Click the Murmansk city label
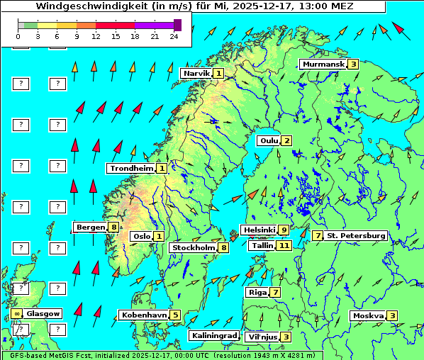(323, 64)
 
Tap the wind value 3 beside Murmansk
(352, 64)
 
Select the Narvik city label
(196, 73)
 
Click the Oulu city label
(269, 140)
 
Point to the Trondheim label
(131, 168)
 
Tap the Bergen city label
(90, 227)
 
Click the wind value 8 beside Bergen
(113, 227)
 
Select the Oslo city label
(140, 236)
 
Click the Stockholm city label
(193, 247)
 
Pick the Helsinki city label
(258, 230)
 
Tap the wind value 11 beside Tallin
(284, 245)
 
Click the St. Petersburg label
(356, 235)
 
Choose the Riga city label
(256, 292)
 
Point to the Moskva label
(368, 315)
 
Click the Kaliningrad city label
(213, 335)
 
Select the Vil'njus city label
(262, 337)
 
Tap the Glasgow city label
(44, 313)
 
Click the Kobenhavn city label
(144, 315)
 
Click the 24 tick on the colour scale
(174, 35)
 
